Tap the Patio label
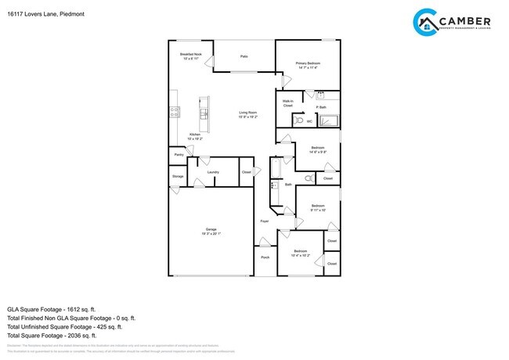(244, 56)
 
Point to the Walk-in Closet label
(287, 103)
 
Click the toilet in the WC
(298, 121)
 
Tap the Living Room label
(247, 113)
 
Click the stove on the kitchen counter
(175, 112)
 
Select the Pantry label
(179, 155)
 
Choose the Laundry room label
(213, 172)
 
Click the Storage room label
(178, 177)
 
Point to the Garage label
(211, 232)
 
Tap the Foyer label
(264, 221)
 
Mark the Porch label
(264, 257)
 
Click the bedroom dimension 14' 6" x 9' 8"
(317, 151)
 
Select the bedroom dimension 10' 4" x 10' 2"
(301, 255)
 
